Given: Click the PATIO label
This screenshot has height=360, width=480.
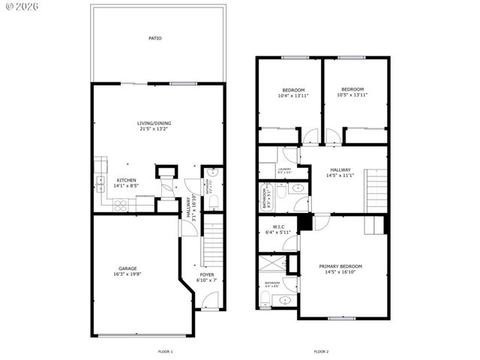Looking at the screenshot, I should point(154,38).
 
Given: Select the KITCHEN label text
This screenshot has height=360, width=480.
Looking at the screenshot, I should point(126,180).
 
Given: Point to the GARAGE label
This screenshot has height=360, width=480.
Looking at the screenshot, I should point(127,268).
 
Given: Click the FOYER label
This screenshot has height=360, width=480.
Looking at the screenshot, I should point(206,274).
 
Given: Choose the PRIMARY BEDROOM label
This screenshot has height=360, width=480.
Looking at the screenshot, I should point(340,266).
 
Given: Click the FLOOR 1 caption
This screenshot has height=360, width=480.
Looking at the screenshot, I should point(166,351).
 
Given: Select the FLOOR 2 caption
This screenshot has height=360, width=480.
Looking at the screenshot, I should point(321,351).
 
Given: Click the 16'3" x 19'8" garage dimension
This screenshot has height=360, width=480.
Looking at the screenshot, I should point(127,274).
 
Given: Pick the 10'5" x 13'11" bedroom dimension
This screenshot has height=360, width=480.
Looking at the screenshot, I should point(352,95).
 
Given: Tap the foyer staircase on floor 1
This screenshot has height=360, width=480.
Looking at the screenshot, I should point(213,241).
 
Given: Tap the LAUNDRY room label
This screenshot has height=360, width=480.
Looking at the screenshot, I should point(284,169).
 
